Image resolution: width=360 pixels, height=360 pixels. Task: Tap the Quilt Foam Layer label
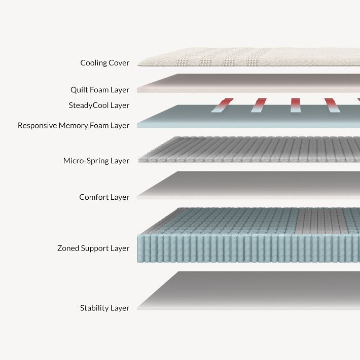point(100,90)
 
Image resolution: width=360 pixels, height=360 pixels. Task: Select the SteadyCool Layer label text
point(99,105)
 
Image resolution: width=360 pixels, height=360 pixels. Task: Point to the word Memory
point(73,126)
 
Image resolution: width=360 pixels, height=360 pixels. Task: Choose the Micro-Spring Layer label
point(96,161)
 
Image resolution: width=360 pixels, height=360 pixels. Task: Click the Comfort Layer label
point(104,197)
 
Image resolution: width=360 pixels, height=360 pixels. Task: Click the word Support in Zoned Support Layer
point(95,248)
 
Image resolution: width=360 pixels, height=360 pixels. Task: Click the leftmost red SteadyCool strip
point(222,105)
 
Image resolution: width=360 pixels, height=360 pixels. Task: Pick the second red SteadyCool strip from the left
point(259,105)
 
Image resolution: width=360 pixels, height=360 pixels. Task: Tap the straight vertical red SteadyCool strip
point(295,105)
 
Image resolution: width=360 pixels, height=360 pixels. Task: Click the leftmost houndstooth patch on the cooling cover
point(183,62)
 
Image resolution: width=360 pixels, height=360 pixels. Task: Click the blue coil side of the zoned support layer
point(248,248)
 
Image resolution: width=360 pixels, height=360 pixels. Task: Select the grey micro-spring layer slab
point(249,150)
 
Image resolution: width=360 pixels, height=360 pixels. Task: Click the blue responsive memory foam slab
point(248,117)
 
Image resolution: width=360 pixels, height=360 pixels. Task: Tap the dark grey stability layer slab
point(248,291)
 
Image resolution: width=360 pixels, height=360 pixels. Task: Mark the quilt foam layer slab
point(248,83)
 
